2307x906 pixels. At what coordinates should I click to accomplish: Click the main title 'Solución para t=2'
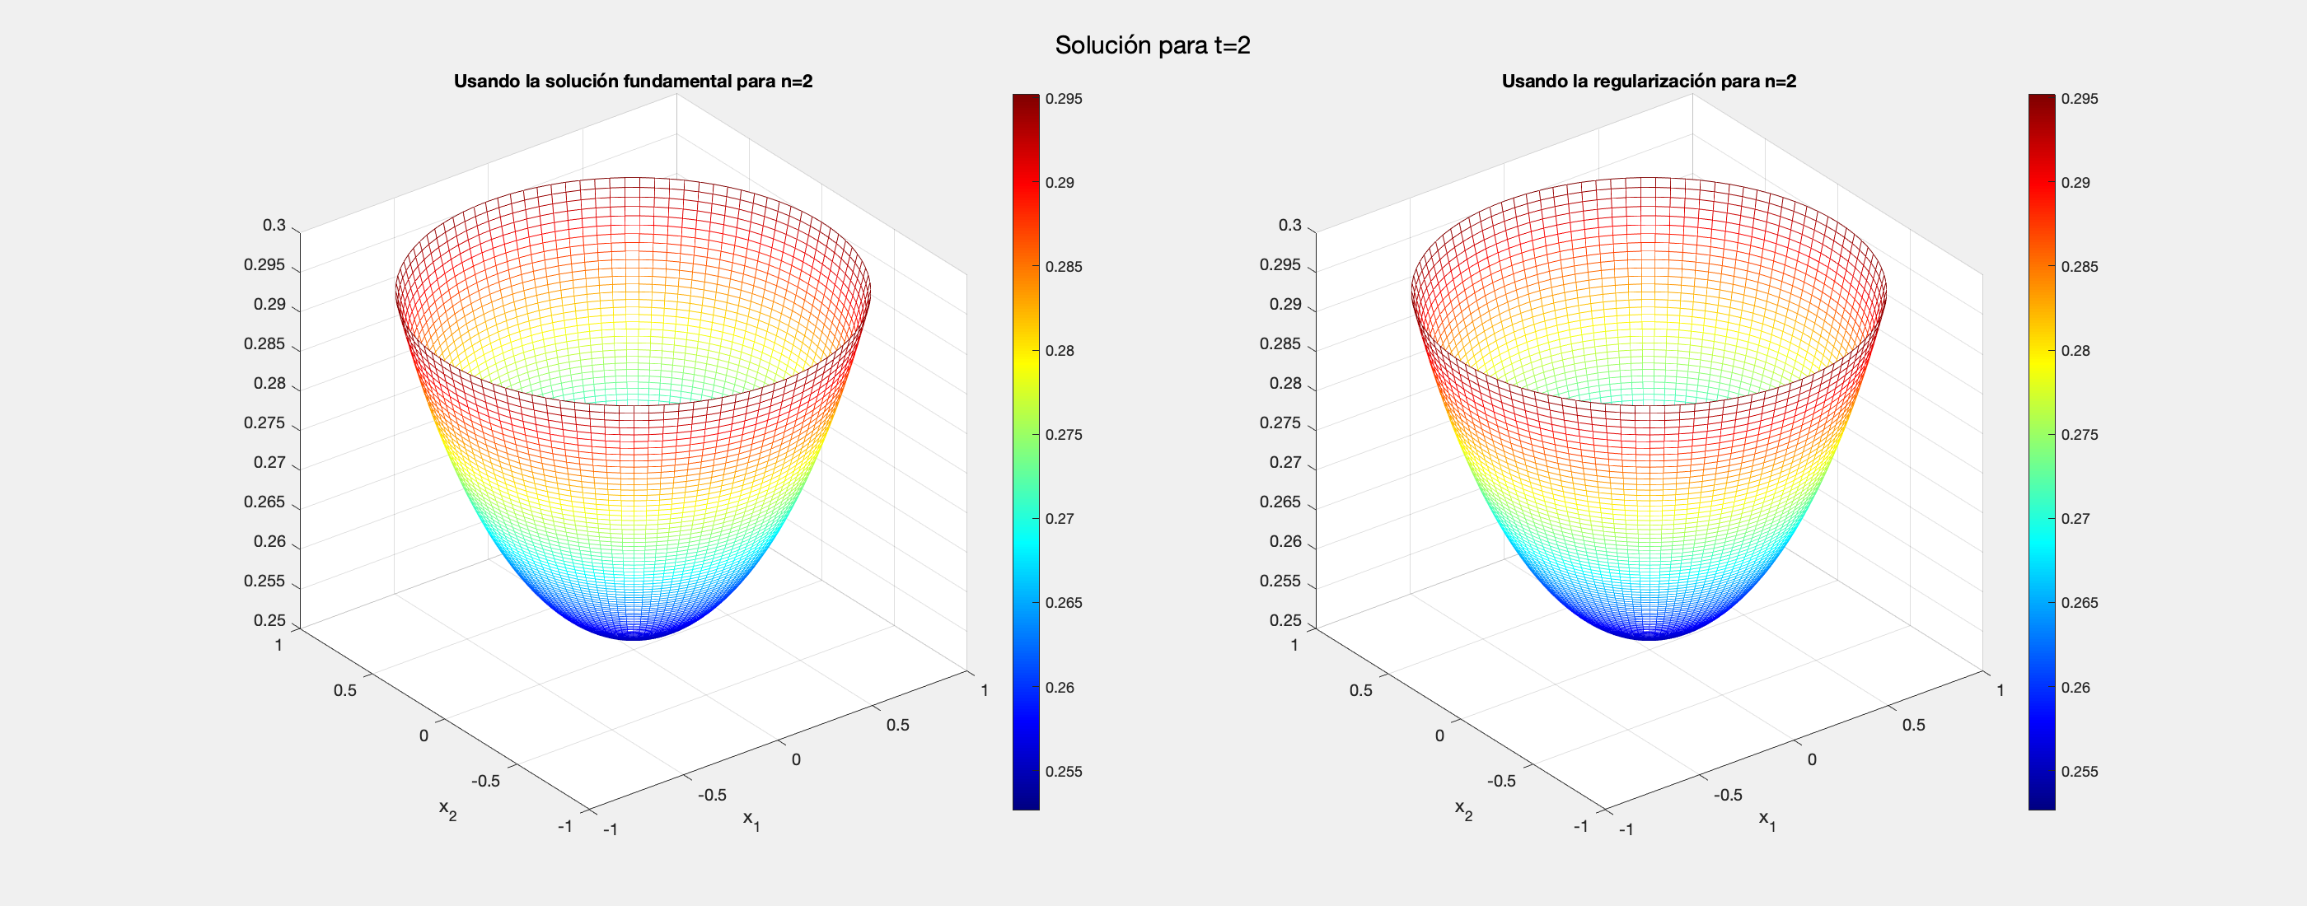(x=1153, y=44)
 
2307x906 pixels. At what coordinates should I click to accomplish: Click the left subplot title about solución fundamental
(x=633, y=82)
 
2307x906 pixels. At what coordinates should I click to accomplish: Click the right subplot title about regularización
(x=1649, y=82)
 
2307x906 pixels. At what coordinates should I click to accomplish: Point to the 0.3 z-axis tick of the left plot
(x=274, y=226)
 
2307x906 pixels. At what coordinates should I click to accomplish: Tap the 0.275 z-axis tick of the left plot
(x=264, y=423)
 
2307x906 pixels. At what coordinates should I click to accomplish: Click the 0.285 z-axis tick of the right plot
(x=1280, y=343)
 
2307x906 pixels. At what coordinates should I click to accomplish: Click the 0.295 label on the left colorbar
(x=1064, y=99)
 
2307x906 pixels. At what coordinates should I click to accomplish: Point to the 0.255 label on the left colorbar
(x=1064, y=772)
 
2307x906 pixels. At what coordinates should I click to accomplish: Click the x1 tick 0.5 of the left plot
(x=897, y=725)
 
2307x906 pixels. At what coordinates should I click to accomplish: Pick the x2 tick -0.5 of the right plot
(x=1501, y=781)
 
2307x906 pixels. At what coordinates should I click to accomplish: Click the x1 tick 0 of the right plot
(x=1812, y=760)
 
